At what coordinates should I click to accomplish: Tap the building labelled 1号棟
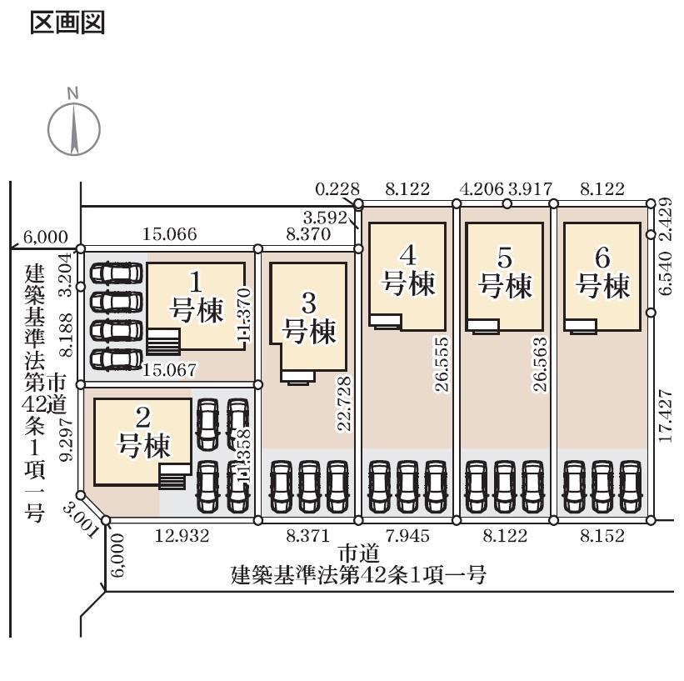pyautogui.click(x=197, y=304)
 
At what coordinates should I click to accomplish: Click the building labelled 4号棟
pyautogui.click(x=407, y=275)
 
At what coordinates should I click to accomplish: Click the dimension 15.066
pyautogui.click(x=169, y=235)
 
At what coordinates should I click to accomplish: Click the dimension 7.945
pyautogui.click(x=407, y=536)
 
